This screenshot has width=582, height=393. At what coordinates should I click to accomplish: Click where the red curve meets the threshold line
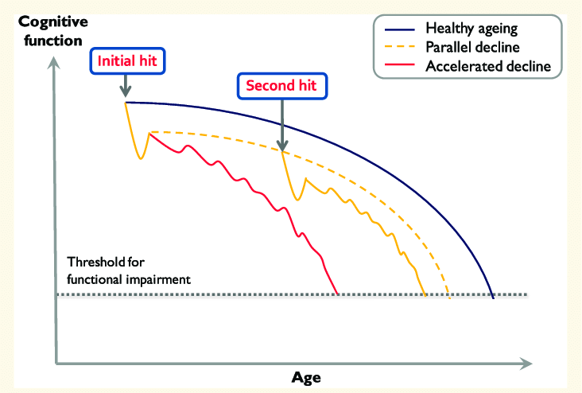coord(339,294)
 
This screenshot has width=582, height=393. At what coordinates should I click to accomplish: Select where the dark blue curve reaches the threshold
coord(494,294)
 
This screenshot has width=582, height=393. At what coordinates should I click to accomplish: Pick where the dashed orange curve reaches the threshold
coord(449,294)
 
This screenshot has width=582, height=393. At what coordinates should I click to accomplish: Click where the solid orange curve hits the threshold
coord(425,294)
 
